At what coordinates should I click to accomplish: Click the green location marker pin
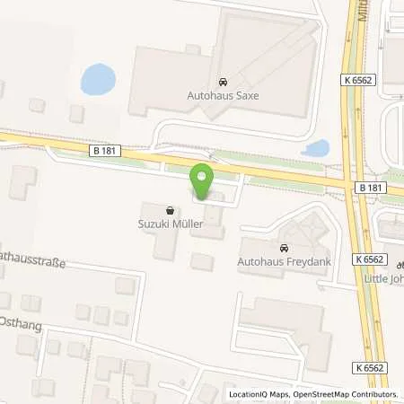point(203,183)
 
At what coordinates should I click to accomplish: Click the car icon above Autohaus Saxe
point(223,78)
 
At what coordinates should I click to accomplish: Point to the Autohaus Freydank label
point(284,262)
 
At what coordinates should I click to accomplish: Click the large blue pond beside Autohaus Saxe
point(97,80)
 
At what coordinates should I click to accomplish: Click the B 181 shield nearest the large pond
point(102,151)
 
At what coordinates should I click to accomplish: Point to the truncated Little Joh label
point(387,278)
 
